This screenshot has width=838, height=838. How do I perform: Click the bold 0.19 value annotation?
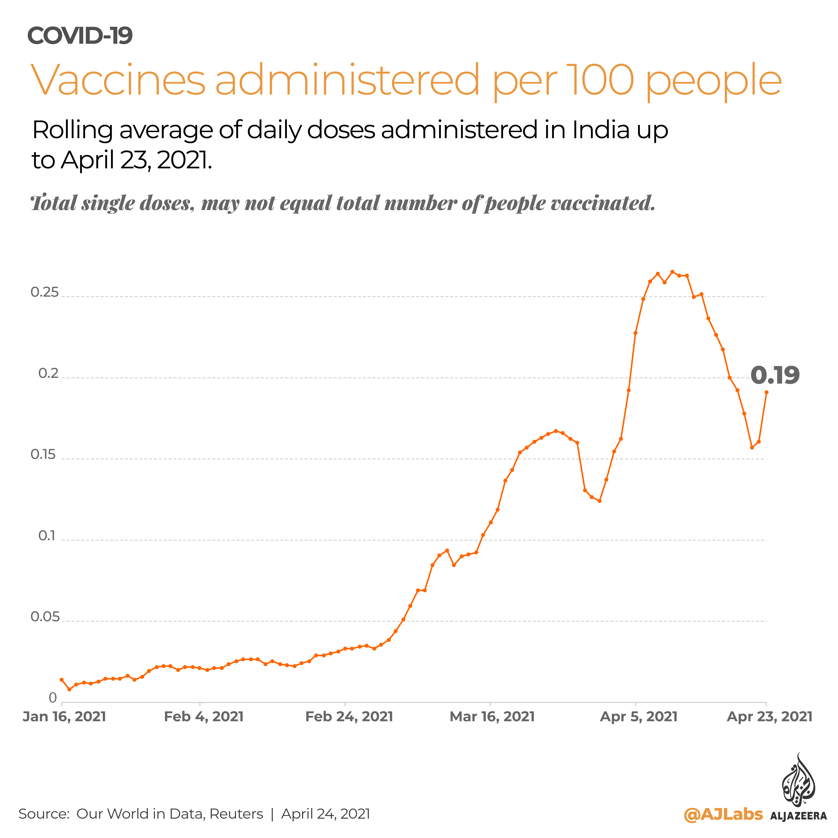click(775, 375)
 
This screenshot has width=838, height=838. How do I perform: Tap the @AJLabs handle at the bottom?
click(723, 814)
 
